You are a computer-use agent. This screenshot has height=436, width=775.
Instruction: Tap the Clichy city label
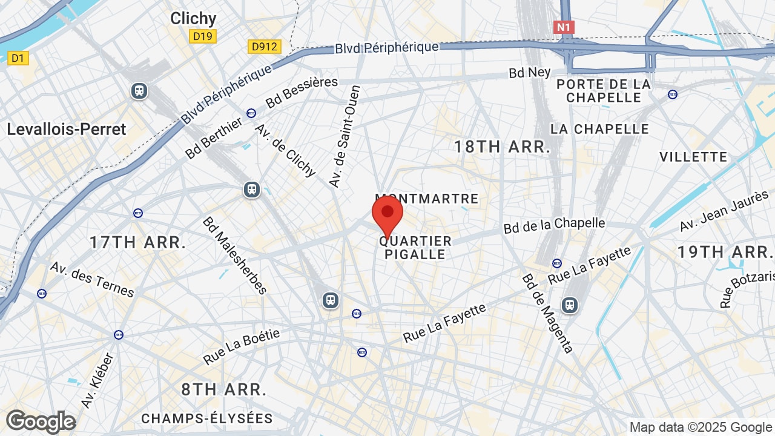coord(193,19)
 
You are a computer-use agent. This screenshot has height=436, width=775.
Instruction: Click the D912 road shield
coord(265,46)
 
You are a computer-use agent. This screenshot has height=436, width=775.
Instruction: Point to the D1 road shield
coord(18,58)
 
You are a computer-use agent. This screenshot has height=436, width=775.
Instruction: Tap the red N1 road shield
coord(563,27)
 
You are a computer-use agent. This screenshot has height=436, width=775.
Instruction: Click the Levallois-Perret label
coord(67,129)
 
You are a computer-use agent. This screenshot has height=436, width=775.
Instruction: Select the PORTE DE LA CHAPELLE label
coord(603,91)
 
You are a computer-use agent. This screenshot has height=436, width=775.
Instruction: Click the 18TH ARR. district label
coord(502,146)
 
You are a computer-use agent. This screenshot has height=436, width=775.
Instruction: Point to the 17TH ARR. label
coord(137,242)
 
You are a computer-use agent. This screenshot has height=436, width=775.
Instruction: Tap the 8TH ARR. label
coord(224,389)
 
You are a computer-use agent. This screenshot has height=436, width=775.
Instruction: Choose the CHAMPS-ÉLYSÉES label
coord(207,418)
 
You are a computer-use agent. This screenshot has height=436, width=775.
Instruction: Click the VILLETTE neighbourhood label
coord(693,157)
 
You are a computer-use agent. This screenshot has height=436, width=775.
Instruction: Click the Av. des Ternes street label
coord(92,279)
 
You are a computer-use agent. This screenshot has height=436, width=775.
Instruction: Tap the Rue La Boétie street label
coord(242,347)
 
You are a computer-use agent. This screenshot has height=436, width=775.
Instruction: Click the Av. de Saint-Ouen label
coord(345,136)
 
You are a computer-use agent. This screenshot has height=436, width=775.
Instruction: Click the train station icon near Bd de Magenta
coord(569,305)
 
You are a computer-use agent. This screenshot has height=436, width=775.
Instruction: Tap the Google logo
coord(41,421)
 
